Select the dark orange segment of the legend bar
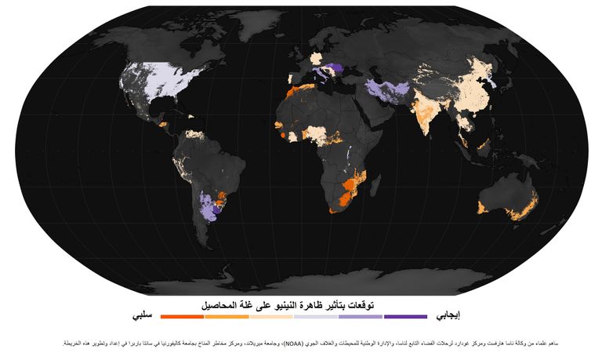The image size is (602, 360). [x=182, y=317]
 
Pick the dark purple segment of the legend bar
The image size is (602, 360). [x=405, y=317]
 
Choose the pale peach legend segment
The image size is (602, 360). [x=271, y=317]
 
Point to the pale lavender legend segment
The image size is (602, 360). [x=316, y=317]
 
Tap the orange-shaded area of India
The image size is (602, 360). [x=426, y=110]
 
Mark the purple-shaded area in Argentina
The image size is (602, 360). [x=207, y=207]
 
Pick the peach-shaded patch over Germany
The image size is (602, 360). [x=316, y=59]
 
